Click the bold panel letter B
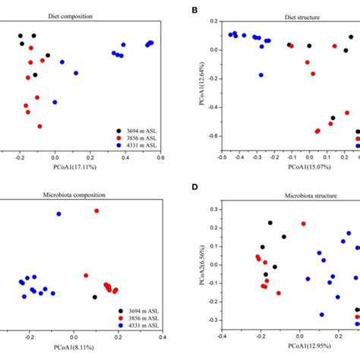tap(196, 10)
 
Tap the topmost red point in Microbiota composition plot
tap(96, 211)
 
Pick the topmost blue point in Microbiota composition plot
tap(58, 214)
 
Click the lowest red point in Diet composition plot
tap(39, 126)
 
